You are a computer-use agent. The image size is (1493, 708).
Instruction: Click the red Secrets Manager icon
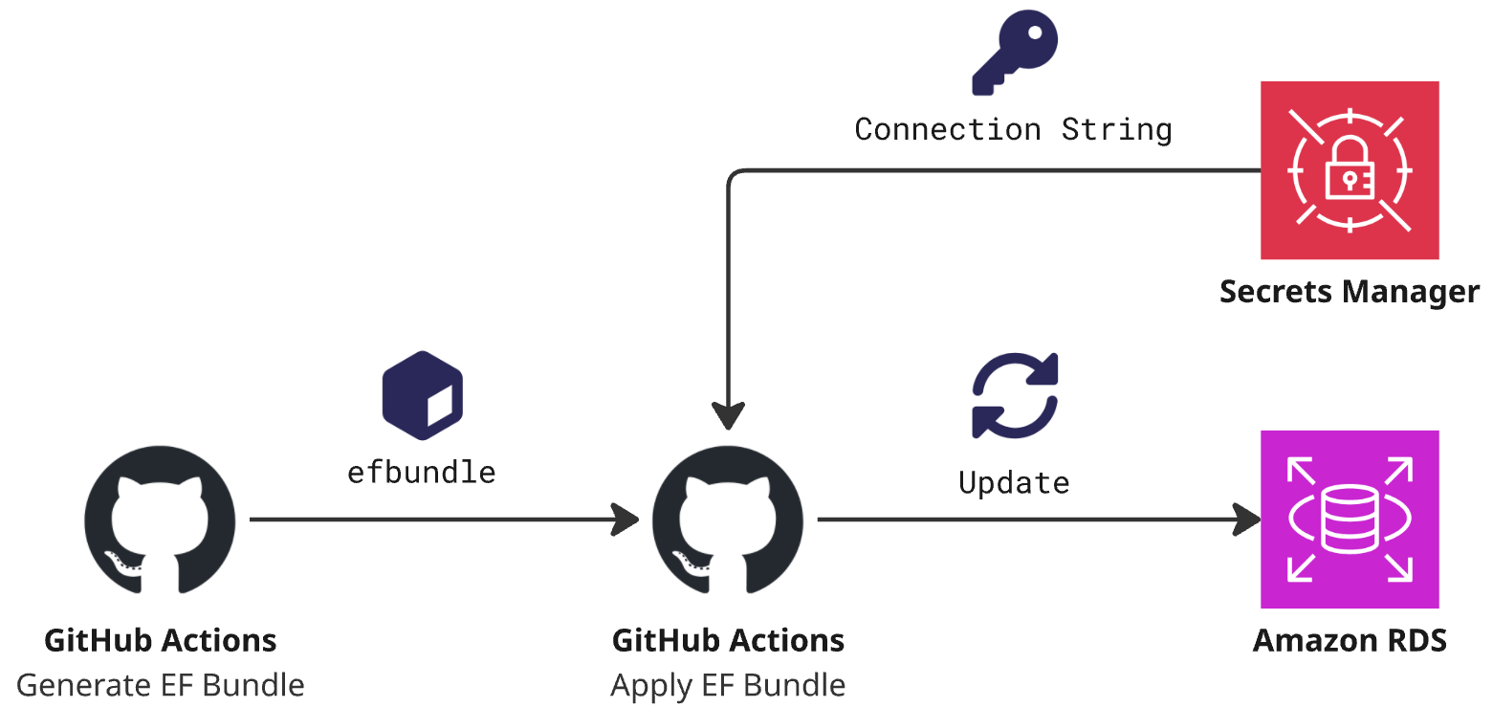(1349, 170)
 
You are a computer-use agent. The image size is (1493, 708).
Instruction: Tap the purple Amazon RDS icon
(1349, 519)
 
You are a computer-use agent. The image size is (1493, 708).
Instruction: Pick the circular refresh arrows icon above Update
(1014, 395)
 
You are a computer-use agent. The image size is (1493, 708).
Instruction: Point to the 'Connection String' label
(1013, 129)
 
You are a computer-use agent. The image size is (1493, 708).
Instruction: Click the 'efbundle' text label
(421, 472)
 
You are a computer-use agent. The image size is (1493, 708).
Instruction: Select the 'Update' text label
(1014, 482)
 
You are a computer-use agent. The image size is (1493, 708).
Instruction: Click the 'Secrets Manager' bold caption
(1349, 291)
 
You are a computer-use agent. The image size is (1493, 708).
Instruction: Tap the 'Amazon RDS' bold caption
(1349, 640)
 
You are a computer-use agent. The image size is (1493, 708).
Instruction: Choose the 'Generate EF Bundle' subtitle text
(161, 685)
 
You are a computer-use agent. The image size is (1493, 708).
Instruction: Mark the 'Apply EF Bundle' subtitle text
(728, 685)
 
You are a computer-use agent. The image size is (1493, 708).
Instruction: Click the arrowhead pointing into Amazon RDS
(1247, 520)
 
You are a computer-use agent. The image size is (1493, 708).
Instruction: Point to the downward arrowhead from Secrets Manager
(728, 416)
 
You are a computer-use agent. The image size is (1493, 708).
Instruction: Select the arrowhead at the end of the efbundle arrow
(626, 520)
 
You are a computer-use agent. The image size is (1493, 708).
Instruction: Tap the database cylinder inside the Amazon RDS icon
(1349, 520)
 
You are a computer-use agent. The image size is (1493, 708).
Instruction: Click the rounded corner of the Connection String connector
(734, 176)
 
